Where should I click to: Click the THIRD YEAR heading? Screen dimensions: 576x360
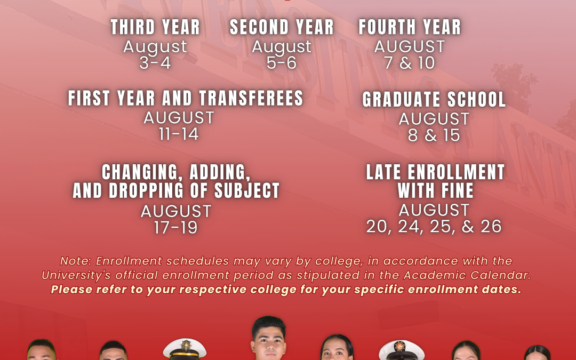(x=155, y=27)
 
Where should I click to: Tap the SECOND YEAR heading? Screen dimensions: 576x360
(x=282, y=27)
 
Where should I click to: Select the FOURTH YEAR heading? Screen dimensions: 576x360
(x=410, y=27)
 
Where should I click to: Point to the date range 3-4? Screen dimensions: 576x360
(x=155, y=63)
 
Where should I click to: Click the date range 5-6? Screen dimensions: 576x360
(x=282, y=63)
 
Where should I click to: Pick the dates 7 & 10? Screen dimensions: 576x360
(x=410, y=63)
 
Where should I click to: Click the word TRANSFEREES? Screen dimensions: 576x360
(x=251, y=99)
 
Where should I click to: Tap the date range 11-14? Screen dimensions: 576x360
(x=179, y=134)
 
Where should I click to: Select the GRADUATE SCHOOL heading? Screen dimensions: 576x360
(x=434, y=100)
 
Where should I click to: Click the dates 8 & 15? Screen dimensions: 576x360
(x=434, y=135)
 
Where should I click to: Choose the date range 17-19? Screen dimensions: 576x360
(x=175, y=228)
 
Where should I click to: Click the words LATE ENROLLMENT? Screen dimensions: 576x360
(x=436, y=172)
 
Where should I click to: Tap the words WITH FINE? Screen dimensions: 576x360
(x=436, y=190)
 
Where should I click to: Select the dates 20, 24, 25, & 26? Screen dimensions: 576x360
(x=434, y=227)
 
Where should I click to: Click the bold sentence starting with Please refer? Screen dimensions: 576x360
(x=286, y=290)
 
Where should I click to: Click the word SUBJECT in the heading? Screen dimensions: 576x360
(x=247, y=190)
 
